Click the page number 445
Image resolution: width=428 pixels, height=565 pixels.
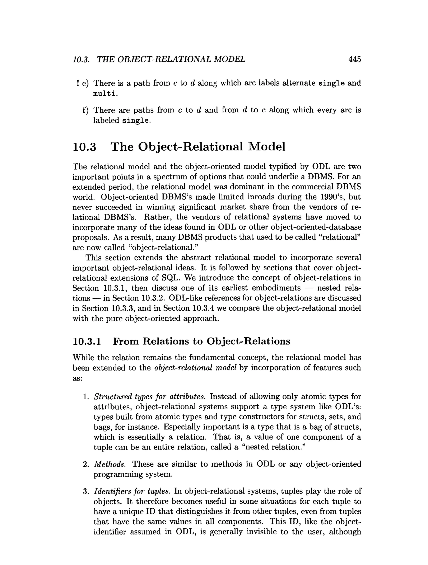click(x=354, y=59)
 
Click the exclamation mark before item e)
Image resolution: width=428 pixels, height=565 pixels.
click(x=77, y=83)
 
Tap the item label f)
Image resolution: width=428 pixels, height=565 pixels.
click(x=85, y=110)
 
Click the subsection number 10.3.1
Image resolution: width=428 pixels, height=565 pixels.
click(x=87, y=341)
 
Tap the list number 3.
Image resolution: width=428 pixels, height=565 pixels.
click(x=85, y=491)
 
